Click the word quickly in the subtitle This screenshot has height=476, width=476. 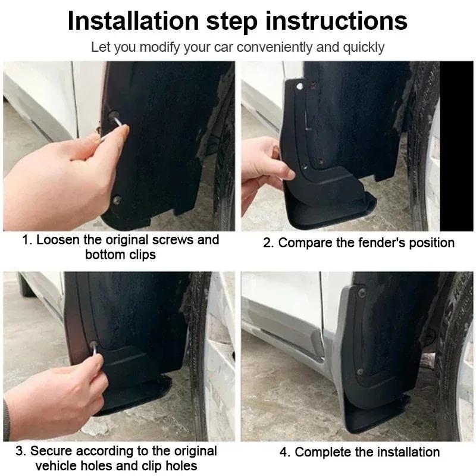point(362,46)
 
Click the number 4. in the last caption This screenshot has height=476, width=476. point(285,452)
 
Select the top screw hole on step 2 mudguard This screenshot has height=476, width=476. point(299,87)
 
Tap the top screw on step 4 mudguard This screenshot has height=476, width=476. point(361,293)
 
